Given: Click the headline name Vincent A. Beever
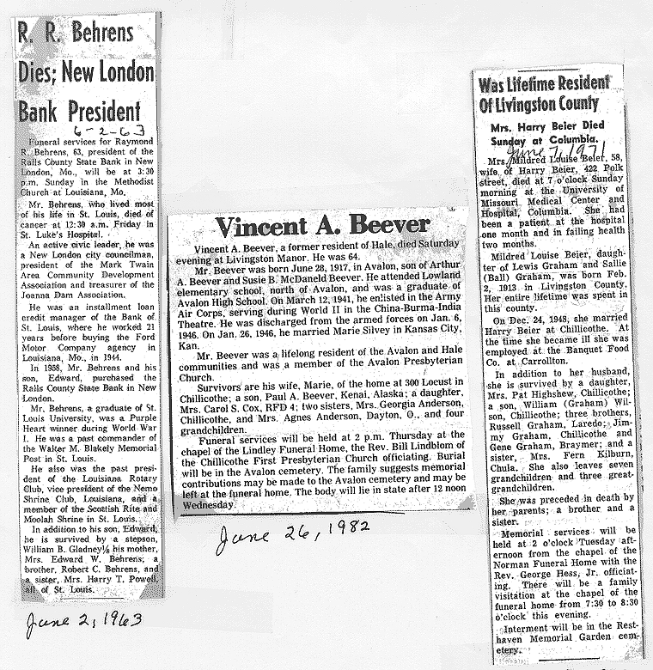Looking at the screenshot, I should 321,226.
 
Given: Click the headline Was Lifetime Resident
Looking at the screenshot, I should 544,85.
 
